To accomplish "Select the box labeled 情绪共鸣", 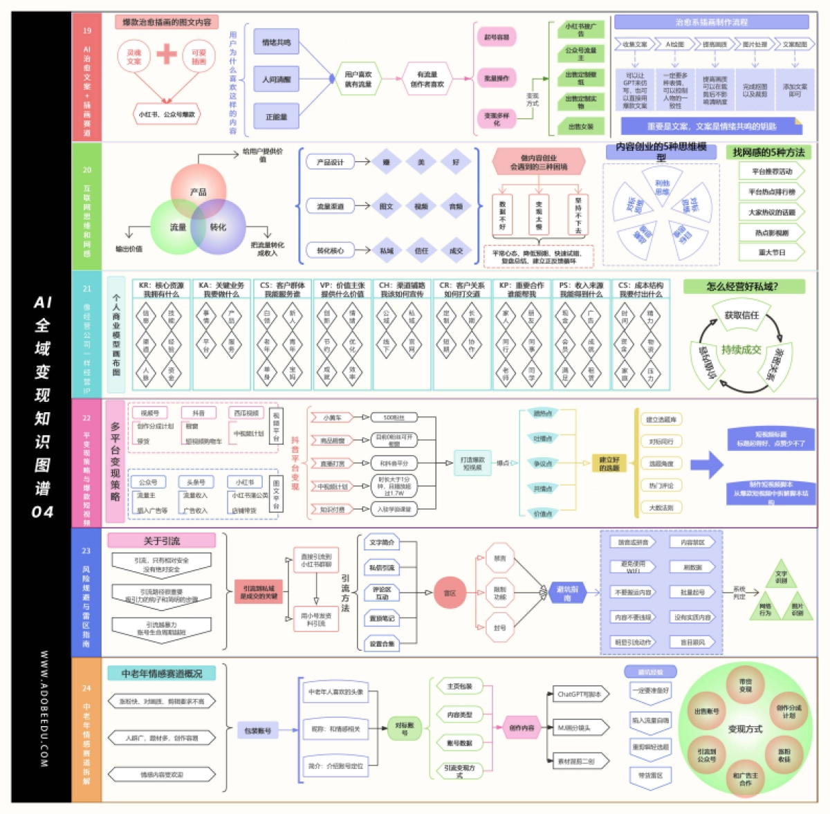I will point(276,43).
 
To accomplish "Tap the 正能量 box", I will point(276,117).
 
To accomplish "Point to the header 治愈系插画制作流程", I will point(711,22).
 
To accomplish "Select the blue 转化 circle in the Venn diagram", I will point(219,227).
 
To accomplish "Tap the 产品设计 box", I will point(330,162).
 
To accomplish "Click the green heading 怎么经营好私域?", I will point(744,286).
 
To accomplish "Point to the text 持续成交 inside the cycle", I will point(741,349).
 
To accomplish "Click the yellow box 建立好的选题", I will point(609,463).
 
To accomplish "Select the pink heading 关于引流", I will point(162,541).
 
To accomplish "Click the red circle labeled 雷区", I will point(450,593).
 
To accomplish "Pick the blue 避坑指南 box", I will point(567,593).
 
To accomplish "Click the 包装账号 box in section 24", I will point(258,730).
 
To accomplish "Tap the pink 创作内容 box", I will point(522,728).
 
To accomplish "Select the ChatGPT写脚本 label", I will point(580,694).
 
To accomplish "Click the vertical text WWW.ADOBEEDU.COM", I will point(44,709).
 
